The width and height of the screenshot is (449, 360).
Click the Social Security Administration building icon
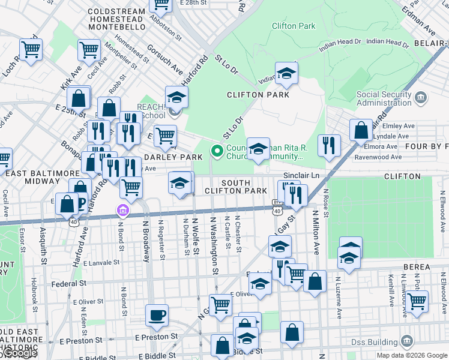pyautogui.click(x=421, y=97)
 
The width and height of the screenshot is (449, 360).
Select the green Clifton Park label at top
pyautogui.click(x=294, y=26)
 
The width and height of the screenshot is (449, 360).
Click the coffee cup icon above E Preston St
pyautogui.click(x=157, y=314)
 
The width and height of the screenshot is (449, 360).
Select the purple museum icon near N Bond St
pyautogui.click(x=123, y=210)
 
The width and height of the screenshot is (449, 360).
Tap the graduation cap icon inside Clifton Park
pyautogui.click(x=286, y=74)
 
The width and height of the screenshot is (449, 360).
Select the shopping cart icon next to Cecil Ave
pyautogui.click(x=89, y=50)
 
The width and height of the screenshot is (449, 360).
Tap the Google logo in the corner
pyautogui.click(x=18, y=353)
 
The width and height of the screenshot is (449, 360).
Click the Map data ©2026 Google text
pyautogui.click(x=412, y=355)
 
